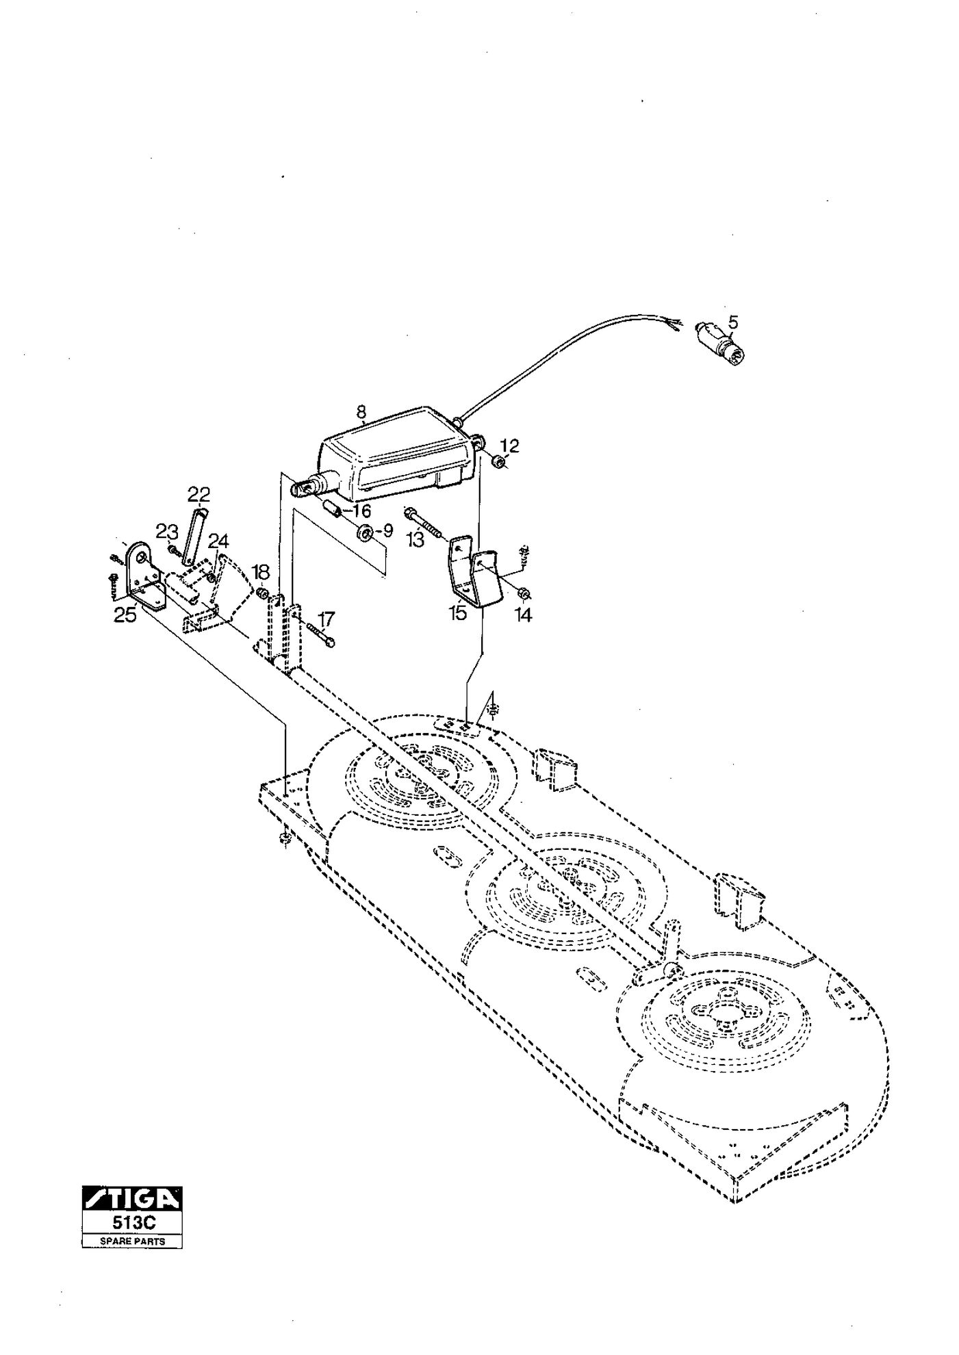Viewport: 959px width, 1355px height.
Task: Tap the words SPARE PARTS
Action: tap(132, 1241)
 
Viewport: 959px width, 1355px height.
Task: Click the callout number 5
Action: tap(733, 321)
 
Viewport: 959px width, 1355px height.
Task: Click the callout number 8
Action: tap(361, 412)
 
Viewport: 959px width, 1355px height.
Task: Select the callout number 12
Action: tap(509, 446)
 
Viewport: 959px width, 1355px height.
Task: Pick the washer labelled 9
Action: tap(364, 531)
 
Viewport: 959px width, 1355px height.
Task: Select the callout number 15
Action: tap(457, 612)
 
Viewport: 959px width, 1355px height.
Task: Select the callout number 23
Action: tap(166, 531)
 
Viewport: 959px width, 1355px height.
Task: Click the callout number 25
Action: tap(125, 615)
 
